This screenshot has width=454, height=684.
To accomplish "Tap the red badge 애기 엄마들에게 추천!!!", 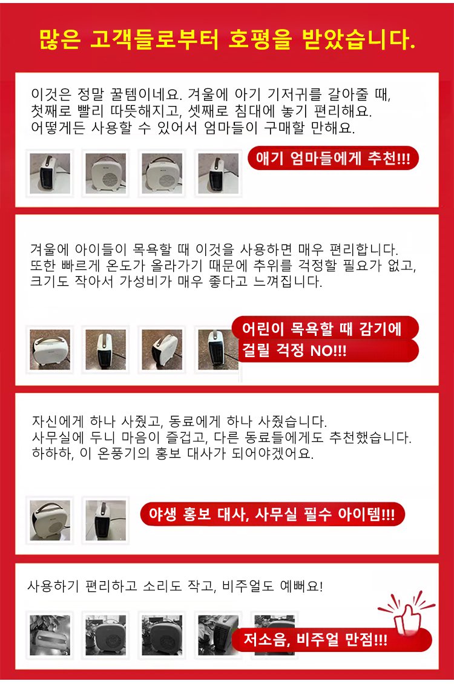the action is [333, 158].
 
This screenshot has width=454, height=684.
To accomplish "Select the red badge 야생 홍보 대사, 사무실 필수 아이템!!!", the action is [272, 514].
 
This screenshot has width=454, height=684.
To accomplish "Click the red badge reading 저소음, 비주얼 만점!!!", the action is [332, 640].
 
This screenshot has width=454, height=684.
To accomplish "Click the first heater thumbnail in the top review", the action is [50, 173].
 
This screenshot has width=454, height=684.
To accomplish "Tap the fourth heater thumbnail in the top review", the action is [218, 173].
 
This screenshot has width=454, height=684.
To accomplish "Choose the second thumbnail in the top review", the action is [105, 173].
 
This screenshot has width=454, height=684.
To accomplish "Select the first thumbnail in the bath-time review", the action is [50, 349].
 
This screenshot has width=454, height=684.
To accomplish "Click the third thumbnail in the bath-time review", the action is [162, 349].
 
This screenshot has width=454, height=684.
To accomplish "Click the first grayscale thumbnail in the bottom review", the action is [50, 635].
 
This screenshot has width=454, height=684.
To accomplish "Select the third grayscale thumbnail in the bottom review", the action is [162, 635].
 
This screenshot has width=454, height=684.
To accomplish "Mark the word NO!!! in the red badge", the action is [329, 350].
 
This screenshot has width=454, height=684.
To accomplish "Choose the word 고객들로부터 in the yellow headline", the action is [154, 40].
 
